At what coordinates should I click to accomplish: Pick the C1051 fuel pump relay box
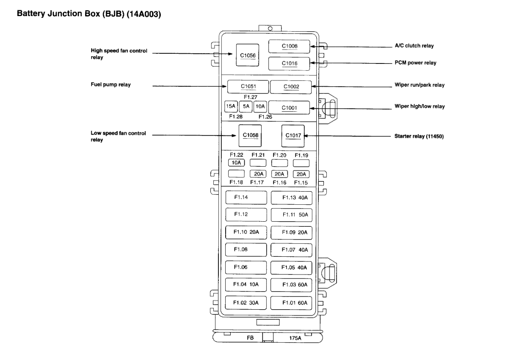248,86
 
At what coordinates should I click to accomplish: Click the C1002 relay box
291,86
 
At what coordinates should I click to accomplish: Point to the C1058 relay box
250,135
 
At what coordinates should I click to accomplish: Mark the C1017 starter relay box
293,135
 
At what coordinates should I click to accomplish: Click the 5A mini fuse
245,107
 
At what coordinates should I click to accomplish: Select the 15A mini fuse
230,107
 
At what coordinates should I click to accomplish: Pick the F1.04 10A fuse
246,285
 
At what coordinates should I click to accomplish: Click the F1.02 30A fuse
246,303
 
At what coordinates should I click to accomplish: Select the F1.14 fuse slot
246,197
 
